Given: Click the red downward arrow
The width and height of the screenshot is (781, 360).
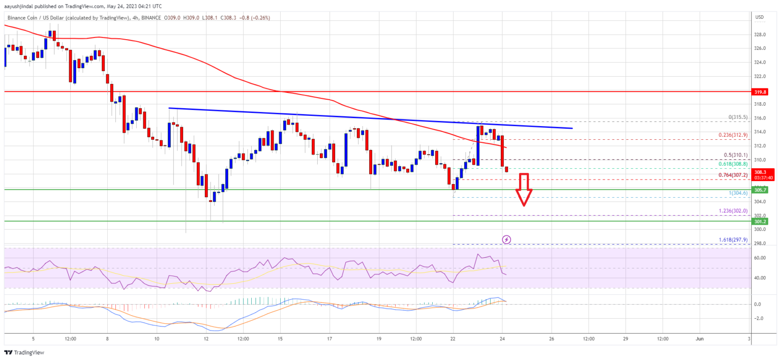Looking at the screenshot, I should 524,189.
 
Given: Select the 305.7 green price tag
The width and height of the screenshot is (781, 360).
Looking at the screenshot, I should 767,190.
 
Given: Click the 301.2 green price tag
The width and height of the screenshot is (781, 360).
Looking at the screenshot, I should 767,221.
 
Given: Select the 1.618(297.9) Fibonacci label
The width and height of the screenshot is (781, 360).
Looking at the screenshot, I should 730,239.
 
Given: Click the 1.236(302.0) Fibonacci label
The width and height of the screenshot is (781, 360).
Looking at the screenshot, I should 730,211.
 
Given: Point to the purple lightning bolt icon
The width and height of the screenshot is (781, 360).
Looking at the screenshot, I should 506,239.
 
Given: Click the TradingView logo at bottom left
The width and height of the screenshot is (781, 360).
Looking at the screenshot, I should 25,353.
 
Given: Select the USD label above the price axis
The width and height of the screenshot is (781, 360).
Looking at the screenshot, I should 760,17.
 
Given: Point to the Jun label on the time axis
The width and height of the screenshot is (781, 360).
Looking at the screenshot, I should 700,338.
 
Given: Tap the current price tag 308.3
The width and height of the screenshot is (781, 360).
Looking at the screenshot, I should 767,172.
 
